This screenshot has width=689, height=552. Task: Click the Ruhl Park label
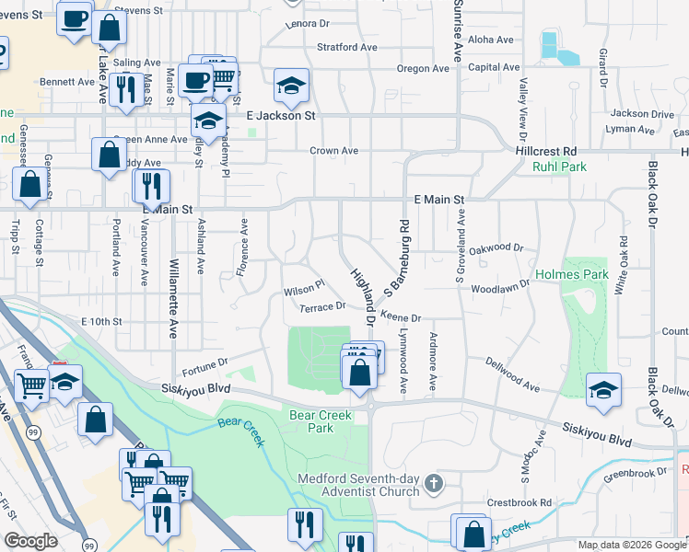click(559, 167)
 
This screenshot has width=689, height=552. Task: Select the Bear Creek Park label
click(321, 422)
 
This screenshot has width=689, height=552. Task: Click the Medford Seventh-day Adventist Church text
click(358, 484)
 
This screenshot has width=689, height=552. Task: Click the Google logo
click(30, 541)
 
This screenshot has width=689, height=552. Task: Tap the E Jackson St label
click(281, 116)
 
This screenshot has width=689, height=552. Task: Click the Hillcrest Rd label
click(546, 150)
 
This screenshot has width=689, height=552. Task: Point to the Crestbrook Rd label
click(520, 503)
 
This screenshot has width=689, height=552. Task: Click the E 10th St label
click(101, 321)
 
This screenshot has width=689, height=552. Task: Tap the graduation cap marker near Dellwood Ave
click(603, 390)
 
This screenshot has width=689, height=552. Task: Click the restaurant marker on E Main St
click(150, 186)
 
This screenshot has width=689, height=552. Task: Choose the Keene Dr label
click(401, 317)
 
